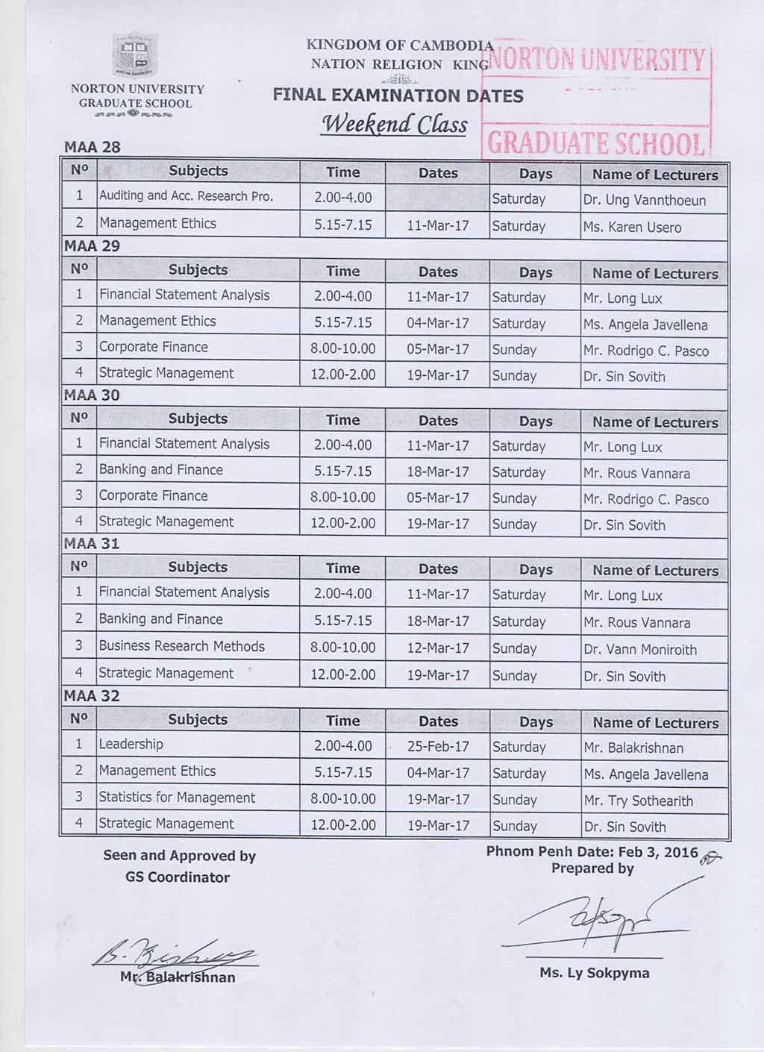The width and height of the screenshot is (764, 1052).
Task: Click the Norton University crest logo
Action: tap(136, 55)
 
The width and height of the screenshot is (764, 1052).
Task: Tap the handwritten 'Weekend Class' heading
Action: tap(393, 124)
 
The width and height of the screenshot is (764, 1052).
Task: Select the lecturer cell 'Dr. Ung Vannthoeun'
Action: tap(645, 200)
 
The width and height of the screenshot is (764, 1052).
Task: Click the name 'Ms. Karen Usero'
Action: tap(632, 227)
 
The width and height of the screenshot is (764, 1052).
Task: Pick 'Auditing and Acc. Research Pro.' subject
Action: tap(186, 196)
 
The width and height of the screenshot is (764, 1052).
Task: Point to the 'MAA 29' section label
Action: tap(92, 246)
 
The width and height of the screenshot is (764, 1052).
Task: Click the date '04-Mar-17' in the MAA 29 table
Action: tap(438, 323)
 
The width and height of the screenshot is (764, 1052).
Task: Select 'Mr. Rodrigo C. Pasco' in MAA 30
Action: tap(646, 499)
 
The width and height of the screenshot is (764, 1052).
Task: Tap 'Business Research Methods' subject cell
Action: tap(181, 646)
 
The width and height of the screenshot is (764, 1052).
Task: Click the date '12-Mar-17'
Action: tap(438, 648)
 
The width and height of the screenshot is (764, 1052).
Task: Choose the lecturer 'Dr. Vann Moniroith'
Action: tap(640, 649)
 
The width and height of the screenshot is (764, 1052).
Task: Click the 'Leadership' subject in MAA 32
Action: tap(131, 745)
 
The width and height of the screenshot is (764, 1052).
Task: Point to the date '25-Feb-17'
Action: tap(438, 746)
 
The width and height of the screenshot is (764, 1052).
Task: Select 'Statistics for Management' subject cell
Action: tap(177, 798)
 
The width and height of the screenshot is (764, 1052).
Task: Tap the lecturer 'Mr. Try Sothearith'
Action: tap(638, 801)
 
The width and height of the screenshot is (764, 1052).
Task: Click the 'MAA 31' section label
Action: tap(92, 544)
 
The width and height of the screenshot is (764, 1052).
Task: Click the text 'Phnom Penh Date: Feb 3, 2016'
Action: tap(592, 852)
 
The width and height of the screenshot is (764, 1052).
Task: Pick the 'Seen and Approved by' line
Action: tap(179, 856)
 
